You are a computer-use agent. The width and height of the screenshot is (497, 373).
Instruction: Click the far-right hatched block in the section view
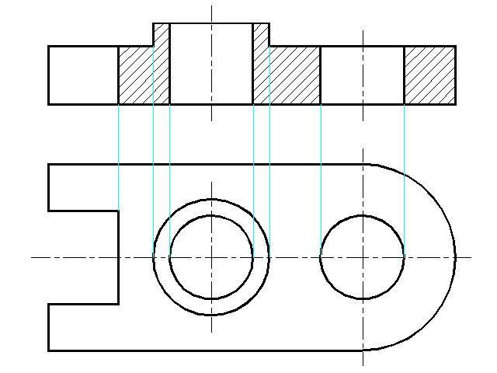(x=429, y=75)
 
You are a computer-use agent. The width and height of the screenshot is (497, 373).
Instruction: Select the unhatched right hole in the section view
(x=362, y=75)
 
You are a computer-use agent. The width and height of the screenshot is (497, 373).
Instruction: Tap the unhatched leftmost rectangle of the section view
(x=83, y=75)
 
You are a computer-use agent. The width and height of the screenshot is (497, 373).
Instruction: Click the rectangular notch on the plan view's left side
(x=83, y=257)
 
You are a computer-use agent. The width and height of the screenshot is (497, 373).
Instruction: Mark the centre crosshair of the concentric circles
(x=211, y=256)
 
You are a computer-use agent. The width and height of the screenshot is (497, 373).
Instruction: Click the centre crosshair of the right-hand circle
(x=363, y=256)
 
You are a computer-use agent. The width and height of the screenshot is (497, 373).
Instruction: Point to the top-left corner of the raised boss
(x=154, y=23)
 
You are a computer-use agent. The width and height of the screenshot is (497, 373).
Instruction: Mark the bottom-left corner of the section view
(x=48, y=103)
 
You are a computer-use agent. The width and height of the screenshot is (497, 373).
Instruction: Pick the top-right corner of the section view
(x=454, y=47)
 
